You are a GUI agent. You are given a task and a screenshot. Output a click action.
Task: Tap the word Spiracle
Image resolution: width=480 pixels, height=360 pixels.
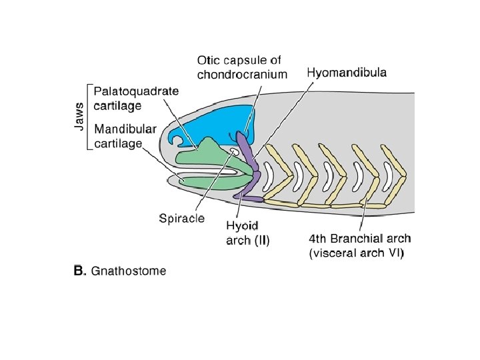pos(182,218)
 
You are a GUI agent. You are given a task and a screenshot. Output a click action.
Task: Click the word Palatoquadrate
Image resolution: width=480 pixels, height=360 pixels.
pos(136,91)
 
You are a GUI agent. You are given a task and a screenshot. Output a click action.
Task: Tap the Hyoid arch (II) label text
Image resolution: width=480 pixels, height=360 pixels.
pos(248,233)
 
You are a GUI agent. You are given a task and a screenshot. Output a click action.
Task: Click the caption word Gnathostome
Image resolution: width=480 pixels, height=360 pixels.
pos(129,271)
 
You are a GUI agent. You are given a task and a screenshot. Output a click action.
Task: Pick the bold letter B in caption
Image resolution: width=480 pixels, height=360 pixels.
pos(78,271)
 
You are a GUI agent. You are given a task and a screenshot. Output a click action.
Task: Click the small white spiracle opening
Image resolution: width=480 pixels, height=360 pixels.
pos(234,153)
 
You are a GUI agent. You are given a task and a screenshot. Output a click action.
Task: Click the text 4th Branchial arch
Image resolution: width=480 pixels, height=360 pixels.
pos(360,239)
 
